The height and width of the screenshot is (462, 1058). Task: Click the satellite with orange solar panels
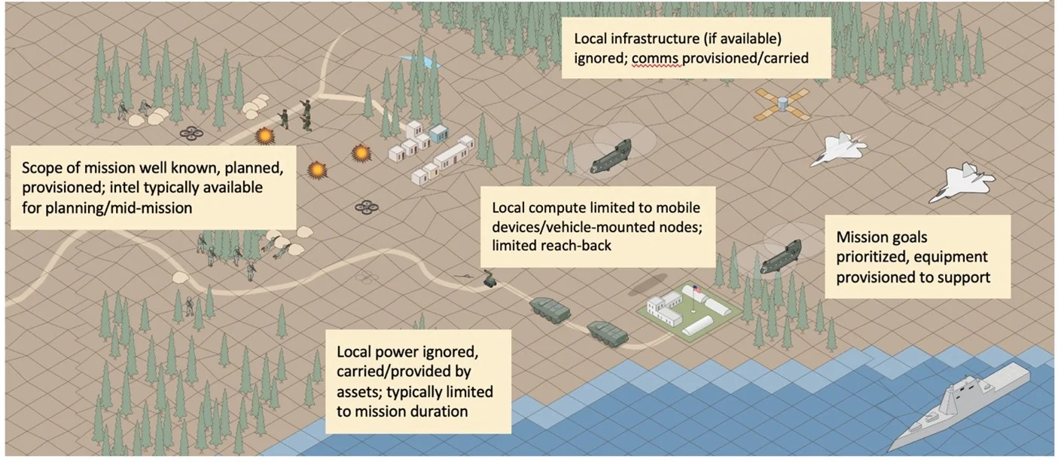point(782,104)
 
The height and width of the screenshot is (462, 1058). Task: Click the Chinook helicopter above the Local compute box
point(610,155)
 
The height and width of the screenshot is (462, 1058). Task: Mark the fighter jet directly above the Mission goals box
point(962,182)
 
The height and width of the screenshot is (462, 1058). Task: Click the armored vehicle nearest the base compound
point(608,334)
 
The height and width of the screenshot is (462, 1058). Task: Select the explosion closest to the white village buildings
point(361,153)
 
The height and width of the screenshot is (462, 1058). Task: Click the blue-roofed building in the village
point(439,133)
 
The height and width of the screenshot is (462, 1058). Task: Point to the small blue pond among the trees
point(419,62)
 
